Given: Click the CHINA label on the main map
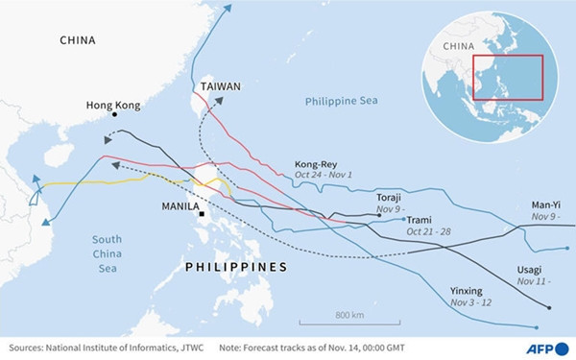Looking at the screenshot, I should (x=79, y=40).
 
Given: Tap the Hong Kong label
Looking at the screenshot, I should (x=114, y=106).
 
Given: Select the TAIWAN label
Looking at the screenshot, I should (x=221, y=86).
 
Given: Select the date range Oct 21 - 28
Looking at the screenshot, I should (x=433, y=232).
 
